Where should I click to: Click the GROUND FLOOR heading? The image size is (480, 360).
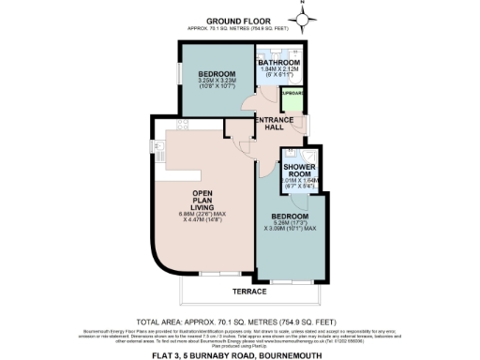(239, 20)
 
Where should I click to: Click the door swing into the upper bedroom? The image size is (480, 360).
(246, 103)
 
